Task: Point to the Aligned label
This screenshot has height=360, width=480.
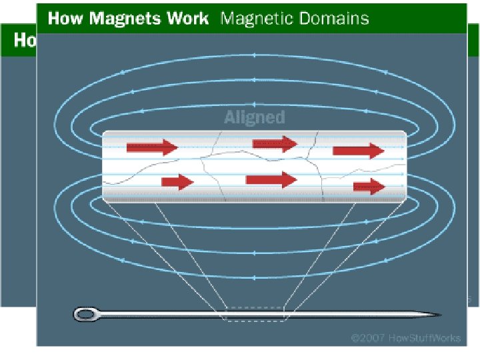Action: [254, 118]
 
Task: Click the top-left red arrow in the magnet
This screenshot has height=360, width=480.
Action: [152, 147]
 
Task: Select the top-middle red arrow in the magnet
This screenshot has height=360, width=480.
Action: [274, 143]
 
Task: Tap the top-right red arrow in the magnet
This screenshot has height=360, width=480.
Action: [359, 151]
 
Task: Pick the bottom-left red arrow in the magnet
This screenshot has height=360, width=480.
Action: [177, 181]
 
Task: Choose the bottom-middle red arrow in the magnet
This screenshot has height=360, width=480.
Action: [271, 179]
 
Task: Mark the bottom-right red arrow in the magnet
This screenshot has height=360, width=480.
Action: [369, 187]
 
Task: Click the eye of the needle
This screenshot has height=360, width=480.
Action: [85, 313]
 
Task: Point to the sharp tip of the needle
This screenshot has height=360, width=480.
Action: [439, 313]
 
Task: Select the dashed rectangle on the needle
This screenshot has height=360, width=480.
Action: [256, 313]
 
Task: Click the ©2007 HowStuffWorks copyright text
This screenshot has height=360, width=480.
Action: [406, 338]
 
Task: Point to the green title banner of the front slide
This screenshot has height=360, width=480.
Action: [413, 18]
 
